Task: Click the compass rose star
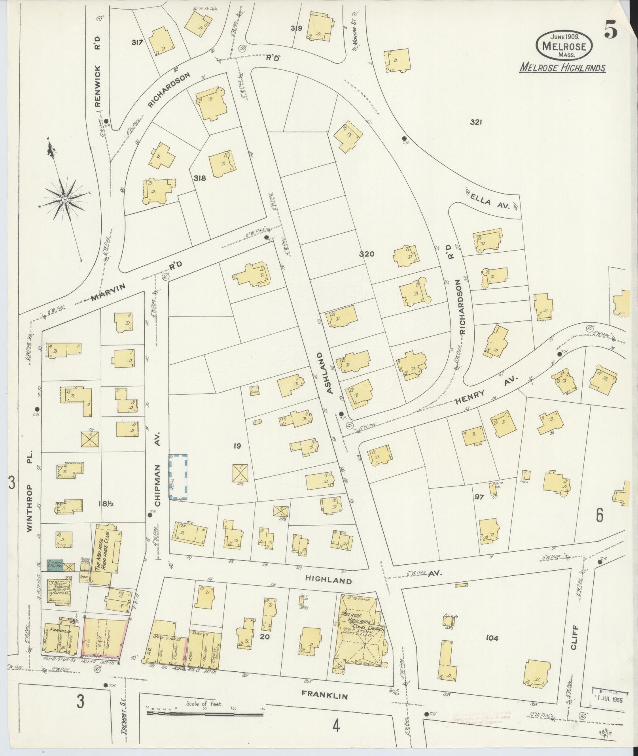click(x=64, y=200)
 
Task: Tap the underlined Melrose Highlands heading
click(x=562, y=68)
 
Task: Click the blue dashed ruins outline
click(x=178, y=477)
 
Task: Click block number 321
click(x=475, y=123)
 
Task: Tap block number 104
click(x=492, y=638)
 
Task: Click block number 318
click(x=200, y=178)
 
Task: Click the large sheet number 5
click(x=611, y=31)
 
